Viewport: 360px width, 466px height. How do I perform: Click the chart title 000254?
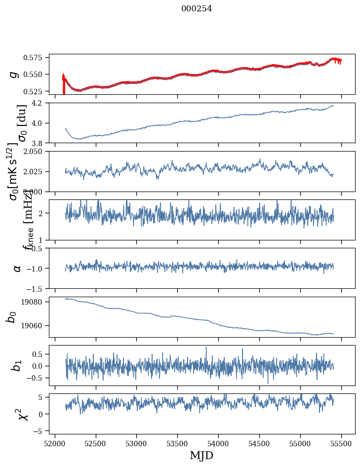point(197,8)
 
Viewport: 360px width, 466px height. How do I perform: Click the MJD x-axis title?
point(201,455)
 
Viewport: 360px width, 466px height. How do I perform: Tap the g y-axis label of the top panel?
point(15,74)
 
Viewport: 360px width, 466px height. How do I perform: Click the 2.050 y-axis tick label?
point(36,152)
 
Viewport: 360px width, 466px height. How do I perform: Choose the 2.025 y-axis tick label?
point(36,171)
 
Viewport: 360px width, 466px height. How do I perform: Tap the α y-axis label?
point(17,268)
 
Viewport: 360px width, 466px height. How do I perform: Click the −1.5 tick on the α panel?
point(38,288)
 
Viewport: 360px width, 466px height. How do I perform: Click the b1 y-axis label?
point(17,366)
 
